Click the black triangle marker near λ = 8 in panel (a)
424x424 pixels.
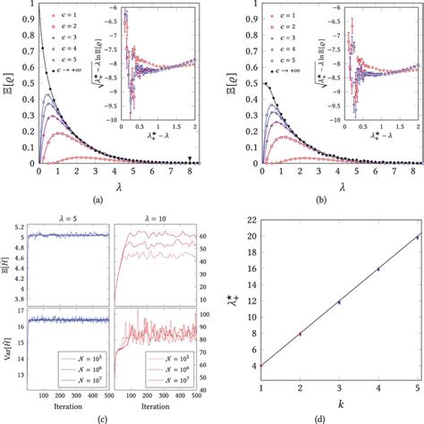[191, 159]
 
